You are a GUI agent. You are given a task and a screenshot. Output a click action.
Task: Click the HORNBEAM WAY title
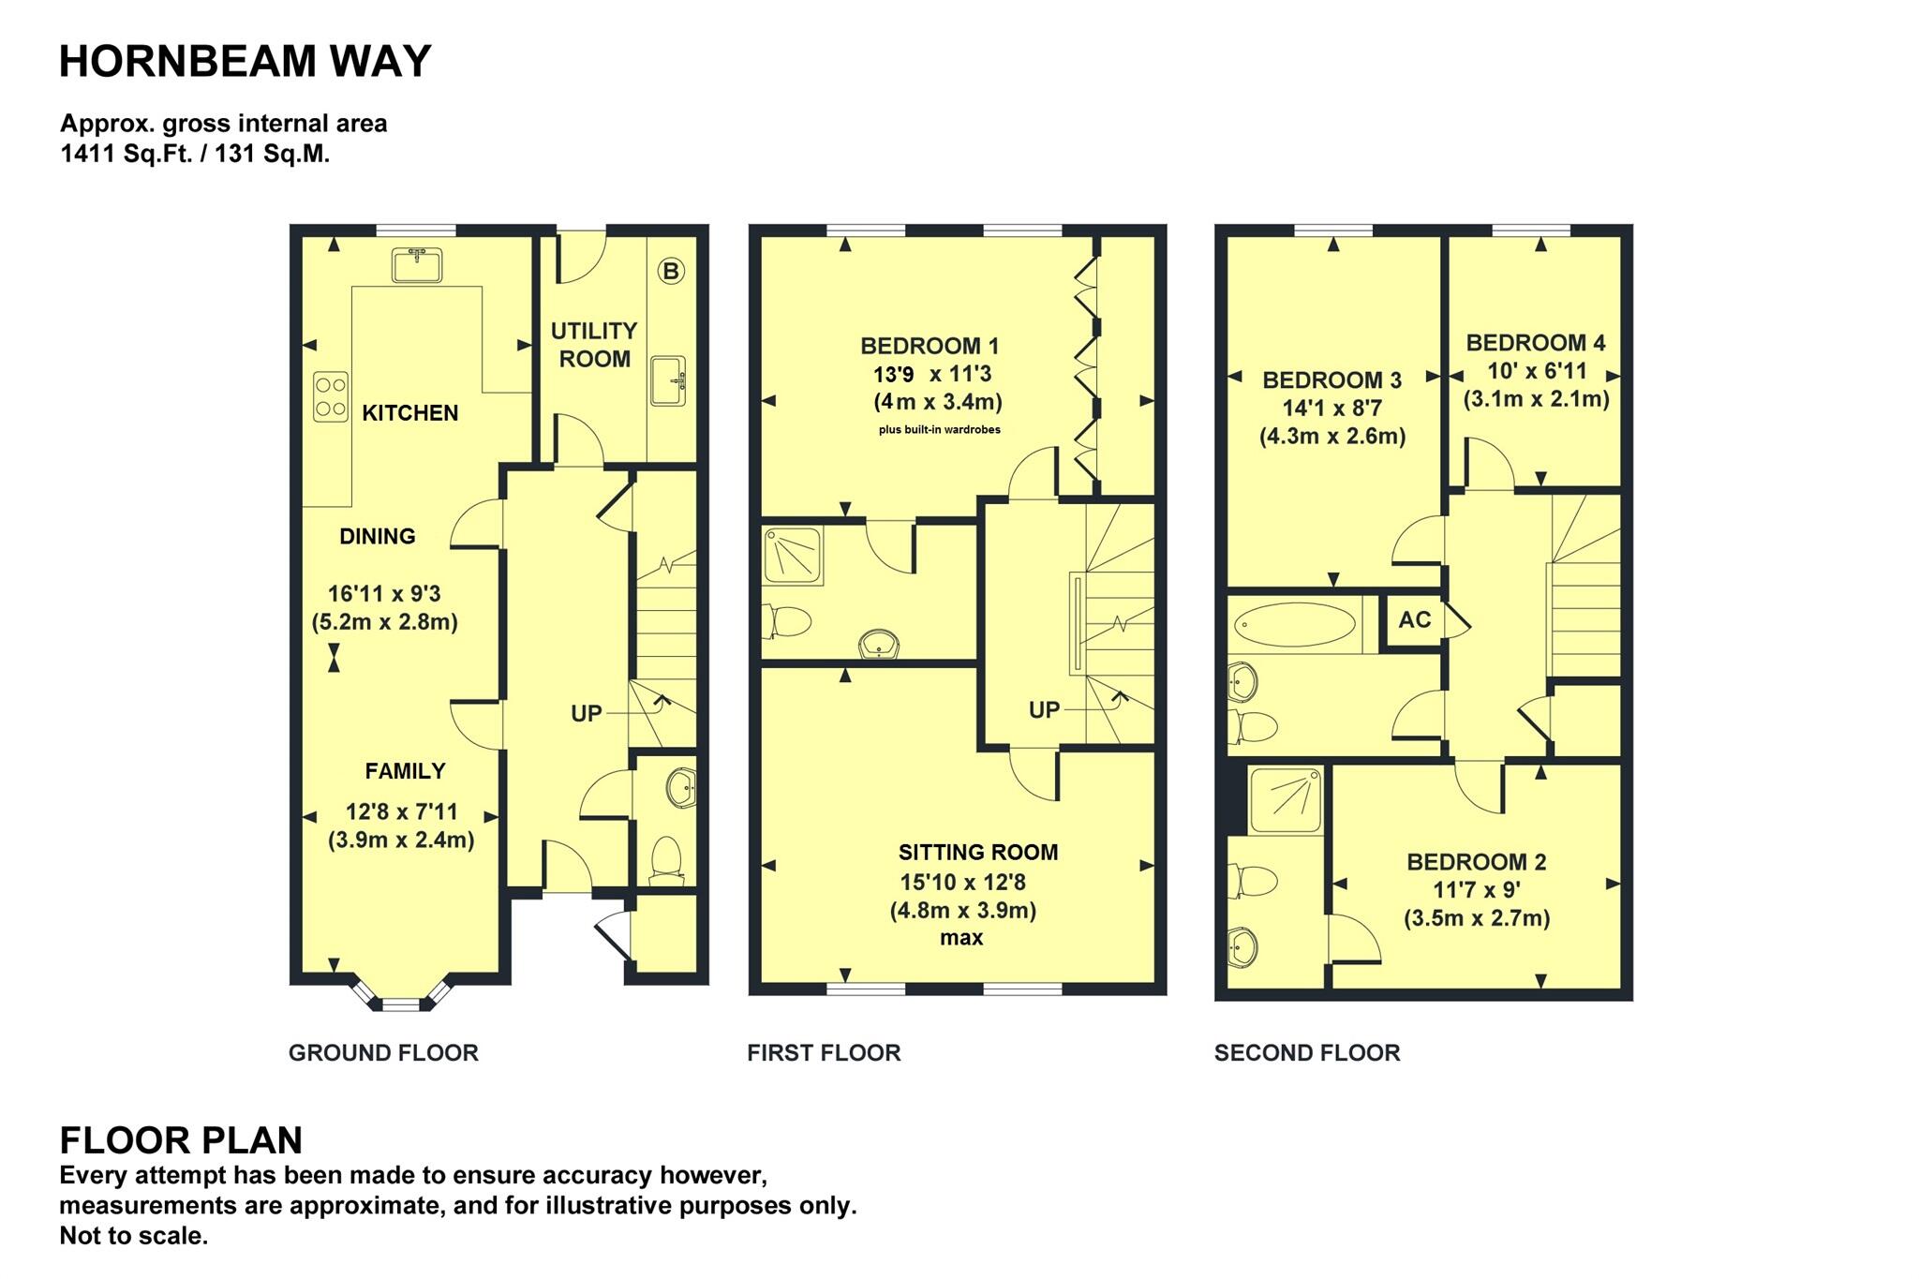point(245,62)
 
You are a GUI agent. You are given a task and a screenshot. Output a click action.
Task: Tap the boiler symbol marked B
point(671,272)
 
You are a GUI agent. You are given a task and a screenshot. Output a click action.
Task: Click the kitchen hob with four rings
point(330,396)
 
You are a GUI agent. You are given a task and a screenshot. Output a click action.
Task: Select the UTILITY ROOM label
point(594,345)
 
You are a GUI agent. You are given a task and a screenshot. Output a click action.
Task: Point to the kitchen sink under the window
point(417,265)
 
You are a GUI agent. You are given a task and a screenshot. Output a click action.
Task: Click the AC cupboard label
point(1414,620)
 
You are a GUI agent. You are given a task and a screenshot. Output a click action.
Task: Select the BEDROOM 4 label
point(1535,343)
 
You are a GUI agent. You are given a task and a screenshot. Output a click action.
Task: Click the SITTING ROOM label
point(977,853)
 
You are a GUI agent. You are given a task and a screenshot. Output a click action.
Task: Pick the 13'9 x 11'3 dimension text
point(932,375)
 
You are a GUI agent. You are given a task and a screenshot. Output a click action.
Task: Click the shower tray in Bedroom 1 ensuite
point(793,557)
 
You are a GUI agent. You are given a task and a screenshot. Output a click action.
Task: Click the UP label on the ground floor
point(587,714)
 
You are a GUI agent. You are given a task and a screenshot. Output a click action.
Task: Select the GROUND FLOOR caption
point(383,1053)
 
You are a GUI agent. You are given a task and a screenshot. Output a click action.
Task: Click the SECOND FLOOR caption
point(1306,1053)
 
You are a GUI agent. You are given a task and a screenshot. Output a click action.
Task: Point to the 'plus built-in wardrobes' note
point(939,430)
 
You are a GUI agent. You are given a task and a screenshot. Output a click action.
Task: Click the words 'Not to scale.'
point(133,1236)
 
